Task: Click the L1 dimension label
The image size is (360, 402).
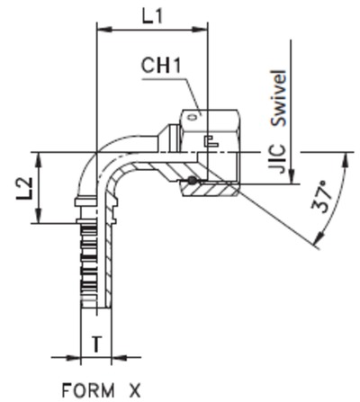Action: [152, 15]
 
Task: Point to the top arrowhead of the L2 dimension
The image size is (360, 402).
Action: [38, 156]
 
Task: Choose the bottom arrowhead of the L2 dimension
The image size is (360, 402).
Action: [38, 219]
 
